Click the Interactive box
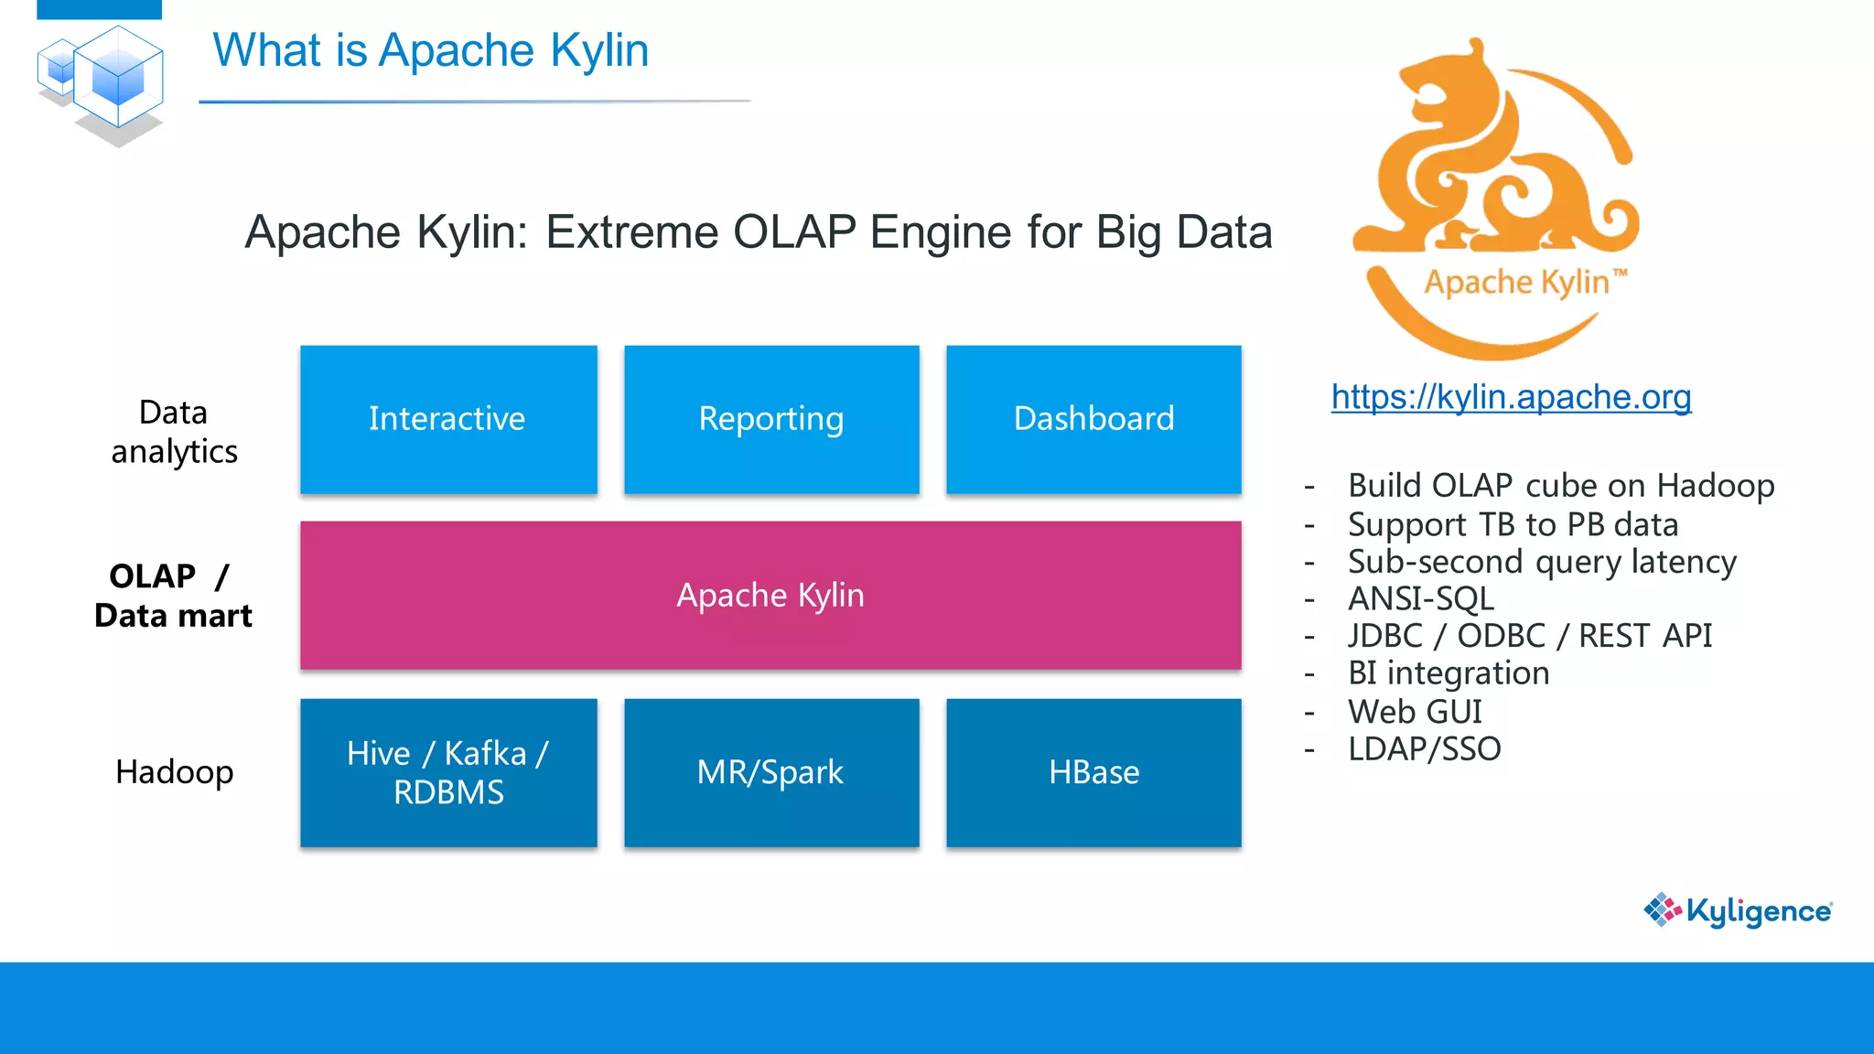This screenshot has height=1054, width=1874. (x=448, y=419)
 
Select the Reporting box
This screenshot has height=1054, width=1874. (x=771, y=419)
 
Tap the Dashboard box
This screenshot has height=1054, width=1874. (x=1093, y=419)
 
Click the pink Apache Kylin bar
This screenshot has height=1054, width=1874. (x=770, y=596)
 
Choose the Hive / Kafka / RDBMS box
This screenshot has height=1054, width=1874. (x=448, y=773)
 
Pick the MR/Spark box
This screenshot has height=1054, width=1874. (x=771, y=773)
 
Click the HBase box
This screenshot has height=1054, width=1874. (x=1093, y=773)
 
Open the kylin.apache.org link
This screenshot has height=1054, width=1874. (x=1511, y=397)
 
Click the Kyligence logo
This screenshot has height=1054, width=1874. (x=1738, y=910)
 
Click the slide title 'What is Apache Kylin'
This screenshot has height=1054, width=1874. (x=431, y=50)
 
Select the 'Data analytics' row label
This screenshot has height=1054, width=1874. (x=174, y=432)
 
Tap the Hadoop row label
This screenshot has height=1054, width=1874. (x=174, y=772)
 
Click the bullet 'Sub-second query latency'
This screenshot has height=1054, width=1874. (x=1542, y=562)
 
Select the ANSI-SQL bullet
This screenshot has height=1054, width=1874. (x=1421, y=599)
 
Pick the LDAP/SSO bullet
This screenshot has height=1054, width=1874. (x=1424, y=749)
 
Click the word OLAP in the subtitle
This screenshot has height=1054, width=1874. (x=793, y=231)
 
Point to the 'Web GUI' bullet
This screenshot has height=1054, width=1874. (x=1415, y=712)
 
